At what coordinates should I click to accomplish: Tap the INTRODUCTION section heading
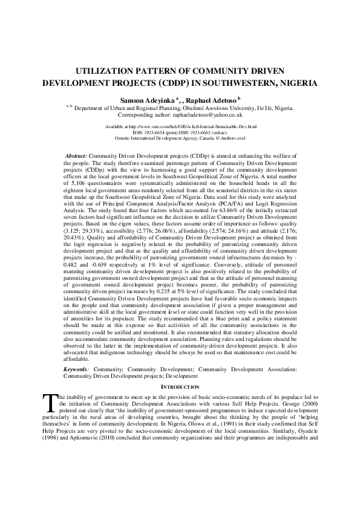tap(180, 387)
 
